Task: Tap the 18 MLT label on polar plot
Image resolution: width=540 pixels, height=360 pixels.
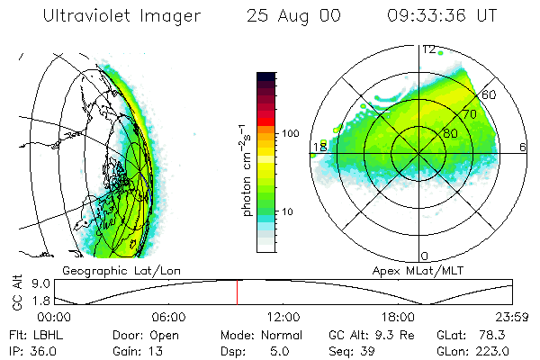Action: [318, 147]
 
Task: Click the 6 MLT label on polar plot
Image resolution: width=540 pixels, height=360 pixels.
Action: [523, 147]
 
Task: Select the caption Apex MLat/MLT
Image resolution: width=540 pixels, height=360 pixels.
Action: [412, 270]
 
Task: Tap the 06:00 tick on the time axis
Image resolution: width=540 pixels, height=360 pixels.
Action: [169, 317]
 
